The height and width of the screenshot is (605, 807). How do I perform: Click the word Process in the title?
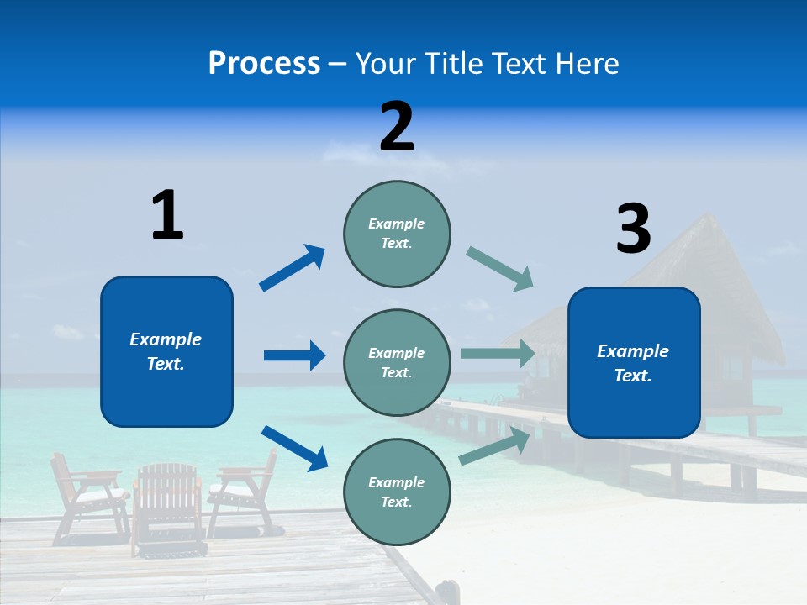click(x=264, y=64)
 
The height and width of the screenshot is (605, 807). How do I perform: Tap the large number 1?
click(x=167, y=215)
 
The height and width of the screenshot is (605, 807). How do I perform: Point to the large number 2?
click(x=397, y=126)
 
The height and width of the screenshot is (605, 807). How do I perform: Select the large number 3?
click(x=633, y=229)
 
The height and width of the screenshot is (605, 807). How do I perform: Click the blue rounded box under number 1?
click(x=166, y=351)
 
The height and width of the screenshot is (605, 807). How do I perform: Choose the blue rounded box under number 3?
click(x=634, y=362)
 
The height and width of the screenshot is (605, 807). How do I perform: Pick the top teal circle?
click(x=397, y=234)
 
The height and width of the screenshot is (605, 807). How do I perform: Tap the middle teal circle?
click(x=397, y=362)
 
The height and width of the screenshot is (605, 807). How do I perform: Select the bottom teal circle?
click(x=397, y=492)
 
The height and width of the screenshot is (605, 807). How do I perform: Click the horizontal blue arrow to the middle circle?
click(x=294, y=355)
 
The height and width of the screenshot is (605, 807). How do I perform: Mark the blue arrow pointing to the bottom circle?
click(x=294, y=448)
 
